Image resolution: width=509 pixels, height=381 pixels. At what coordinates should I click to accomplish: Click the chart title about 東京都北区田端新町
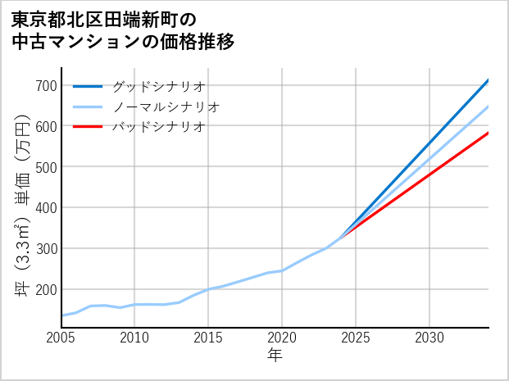(x=124, y=29)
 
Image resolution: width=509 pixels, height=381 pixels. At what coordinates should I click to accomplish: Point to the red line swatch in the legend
(x=88, y=127)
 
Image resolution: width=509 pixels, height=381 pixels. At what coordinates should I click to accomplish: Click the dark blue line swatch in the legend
(x=88, y=86)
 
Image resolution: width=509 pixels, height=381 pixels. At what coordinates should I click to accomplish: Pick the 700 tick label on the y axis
(x=46, y=86)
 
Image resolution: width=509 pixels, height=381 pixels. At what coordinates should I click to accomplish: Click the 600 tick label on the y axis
(x=46, y=126)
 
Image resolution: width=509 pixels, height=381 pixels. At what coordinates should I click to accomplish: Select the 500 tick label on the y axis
(x=46, y=167)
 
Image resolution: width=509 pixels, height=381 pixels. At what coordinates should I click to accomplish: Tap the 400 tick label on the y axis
(x=46, y=208)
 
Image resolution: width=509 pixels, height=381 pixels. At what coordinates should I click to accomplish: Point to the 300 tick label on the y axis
(x=46, y=248)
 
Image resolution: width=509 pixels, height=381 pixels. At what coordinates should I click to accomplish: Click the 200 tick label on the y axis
(x=46, y=289)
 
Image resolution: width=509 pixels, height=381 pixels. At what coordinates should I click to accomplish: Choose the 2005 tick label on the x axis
(x=61, y=338)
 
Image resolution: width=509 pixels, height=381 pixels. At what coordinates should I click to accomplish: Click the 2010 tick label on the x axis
(x=135, y=338)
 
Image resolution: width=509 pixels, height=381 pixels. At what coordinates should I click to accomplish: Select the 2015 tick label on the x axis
(x=209, y=338)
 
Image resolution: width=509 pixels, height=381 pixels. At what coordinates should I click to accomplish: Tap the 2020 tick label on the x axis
(x=283, y=338)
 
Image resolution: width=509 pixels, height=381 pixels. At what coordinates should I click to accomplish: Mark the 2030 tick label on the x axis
(x=429, y=338)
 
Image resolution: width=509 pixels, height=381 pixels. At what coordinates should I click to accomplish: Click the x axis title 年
(x=275, y=356)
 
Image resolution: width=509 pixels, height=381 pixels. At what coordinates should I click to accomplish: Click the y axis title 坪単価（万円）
(x=22, y=205)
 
